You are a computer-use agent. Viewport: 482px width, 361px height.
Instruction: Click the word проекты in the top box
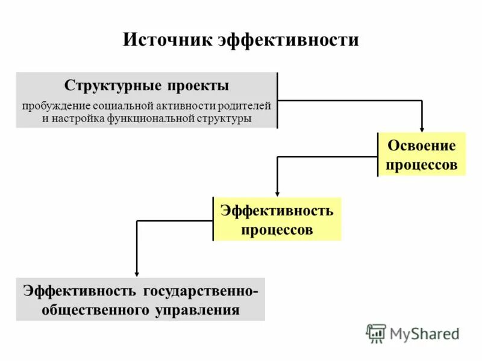click(x=198, y=85)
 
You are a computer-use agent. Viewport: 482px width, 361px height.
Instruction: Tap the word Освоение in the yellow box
click(x=422, y=146)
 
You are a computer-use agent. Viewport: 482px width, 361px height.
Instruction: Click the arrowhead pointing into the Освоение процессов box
click(x=422, y=128)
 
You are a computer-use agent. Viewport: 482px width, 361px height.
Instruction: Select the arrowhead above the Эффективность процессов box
click(x=277, y=193)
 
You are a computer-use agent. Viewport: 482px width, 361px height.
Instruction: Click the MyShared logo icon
click(x=376, y=333)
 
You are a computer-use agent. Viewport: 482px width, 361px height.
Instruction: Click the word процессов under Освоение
click(x=422, y=165)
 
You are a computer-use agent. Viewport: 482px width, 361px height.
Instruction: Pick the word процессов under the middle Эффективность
click(x=277, y=229)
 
